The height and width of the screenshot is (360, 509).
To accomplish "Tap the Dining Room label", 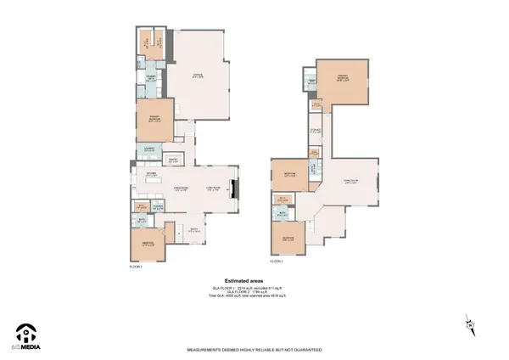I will tap(180, 188).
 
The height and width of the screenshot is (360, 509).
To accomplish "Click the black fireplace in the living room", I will tap(237, 188).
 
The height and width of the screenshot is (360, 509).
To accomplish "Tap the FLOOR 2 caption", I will tap(278, 251).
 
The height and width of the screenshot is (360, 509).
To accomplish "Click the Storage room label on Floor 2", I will tap(315, 131).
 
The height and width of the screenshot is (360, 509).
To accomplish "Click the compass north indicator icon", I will tap(469, 323).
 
